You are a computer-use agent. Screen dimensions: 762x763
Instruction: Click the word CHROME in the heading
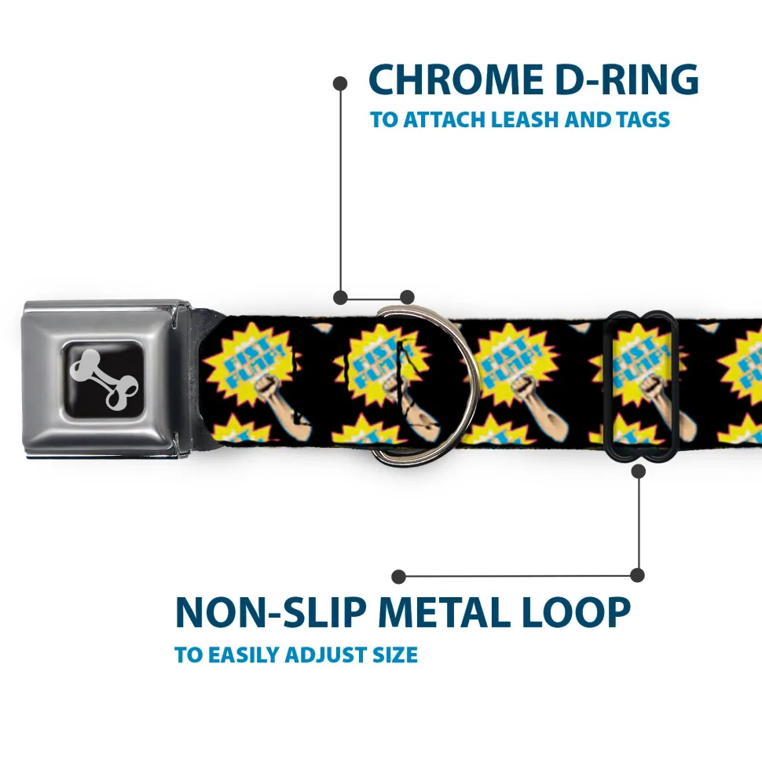click(x=456, y=79)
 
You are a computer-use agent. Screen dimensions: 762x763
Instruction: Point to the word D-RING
click(x=627, y=79)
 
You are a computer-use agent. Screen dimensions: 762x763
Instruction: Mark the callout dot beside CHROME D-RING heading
click(x=340, y=83)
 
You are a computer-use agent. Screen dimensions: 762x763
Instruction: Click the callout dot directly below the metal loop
click(x=638, y=471)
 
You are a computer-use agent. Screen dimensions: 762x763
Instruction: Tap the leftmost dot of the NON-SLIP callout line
click(x=398, y=577)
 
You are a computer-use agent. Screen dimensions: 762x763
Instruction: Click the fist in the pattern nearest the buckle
click(x=266, y=385)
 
